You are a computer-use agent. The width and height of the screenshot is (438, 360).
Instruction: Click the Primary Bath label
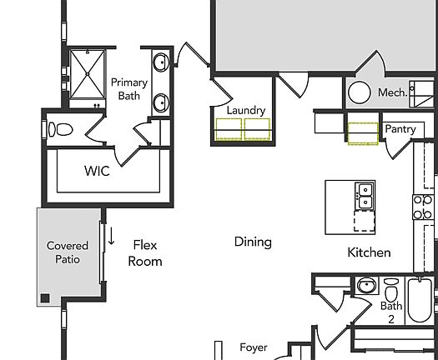tap(128, 89)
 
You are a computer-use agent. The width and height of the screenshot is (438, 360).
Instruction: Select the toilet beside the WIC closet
tap(61, 130)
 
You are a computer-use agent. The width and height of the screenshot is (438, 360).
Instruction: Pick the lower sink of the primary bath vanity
tap(160, 102)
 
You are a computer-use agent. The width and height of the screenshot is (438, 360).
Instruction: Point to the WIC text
tap(97, 171)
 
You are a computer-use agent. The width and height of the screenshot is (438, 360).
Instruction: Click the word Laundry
tap(246, 110)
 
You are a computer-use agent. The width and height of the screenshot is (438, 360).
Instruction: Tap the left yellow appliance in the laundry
tap(229, 130)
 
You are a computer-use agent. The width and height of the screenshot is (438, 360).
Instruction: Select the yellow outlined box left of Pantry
tap(363, 132)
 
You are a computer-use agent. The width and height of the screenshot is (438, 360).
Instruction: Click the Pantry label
tap(400, 129)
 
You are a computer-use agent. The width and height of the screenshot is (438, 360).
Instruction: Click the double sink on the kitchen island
tap(365, 195)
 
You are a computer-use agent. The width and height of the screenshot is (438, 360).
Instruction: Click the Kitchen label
tap(368, 252)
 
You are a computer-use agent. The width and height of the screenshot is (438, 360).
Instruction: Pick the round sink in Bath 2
tap(365, 287)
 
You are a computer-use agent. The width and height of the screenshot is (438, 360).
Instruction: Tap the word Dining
tap(252, 242)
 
